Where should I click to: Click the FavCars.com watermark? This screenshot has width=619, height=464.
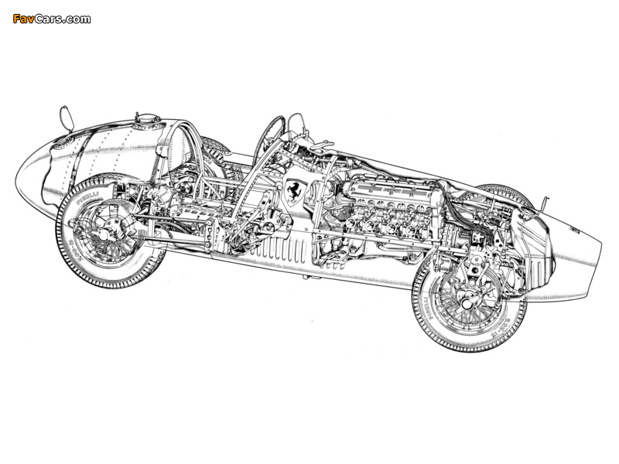pyautogui.click(x=51, y=19)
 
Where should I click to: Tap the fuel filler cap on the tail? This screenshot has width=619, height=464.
pyautogui.click(x=147, y=122)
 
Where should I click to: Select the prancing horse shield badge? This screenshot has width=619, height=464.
pyautogui.click(x=293, y=190)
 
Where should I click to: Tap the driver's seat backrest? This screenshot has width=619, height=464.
pyautogui.click(x=178, y=152)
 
